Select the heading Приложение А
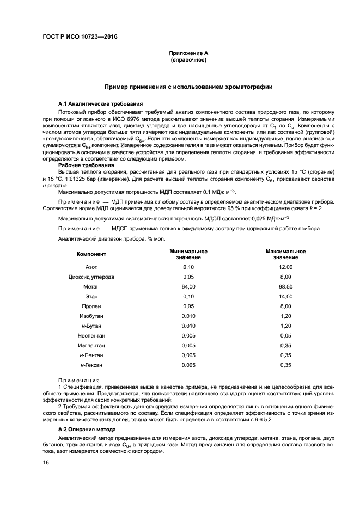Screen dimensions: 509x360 188,53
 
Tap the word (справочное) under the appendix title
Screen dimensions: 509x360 188,59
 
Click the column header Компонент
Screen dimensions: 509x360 91,254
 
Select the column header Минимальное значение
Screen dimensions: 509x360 188,254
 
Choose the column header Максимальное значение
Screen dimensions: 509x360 285,254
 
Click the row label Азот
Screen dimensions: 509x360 91,267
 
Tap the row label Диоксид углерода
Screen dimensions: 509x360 91,277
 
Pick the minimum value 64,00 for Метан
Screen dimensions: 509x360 188,286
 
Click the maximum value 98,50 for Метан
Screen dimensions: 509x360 285,286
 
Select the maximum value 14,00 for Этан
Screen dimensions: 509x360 285,296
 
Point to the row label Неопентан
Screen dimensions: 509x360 91,335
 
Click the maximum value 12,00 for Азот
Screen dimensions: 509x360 285,267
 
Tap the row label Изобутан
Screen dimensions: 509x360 91,316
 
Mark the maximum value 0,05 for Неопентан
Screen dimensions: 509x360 285,335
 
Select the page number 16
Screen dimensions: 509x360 46,462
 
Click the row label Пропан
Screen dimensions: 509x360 91,306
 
